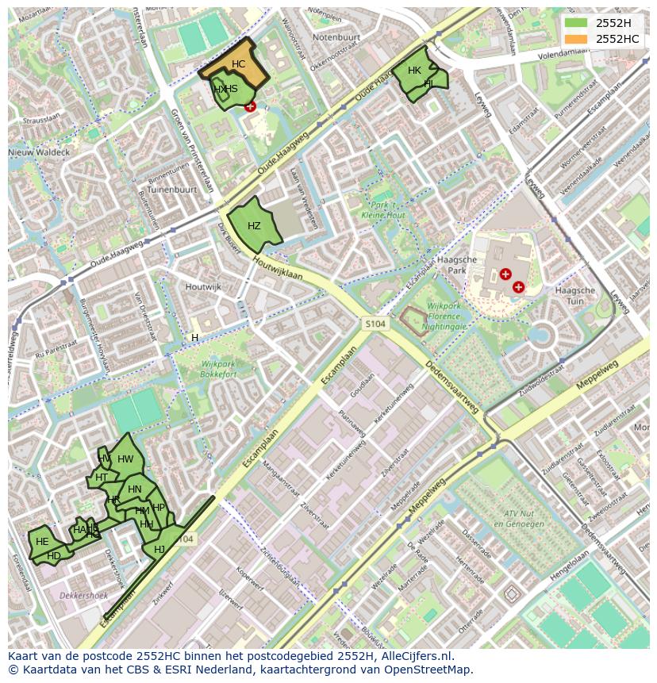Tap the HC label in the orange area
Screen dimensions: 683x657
(x=238, y=64)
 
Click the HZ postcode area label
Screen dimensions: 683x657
(x=254, y=226)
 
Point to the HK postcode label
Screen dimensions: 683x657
(x=414, y=71)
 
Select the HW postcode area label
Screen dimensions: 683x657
(x=125, y=459)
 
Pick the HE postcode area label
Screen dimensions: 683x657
(x=42, y=541)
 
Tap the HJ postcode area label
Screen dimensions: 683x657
(x=159, y=549)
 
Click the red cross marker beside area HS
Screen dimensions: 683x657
(x=251, y=106)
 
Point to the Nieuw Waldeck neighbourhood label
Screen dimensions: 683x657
(x=39, y=152)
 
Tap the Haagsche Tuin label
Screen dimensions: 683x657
(x=575, y=296)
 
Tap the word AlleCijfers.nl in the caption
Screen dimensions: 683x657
(x=413, y=656)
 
